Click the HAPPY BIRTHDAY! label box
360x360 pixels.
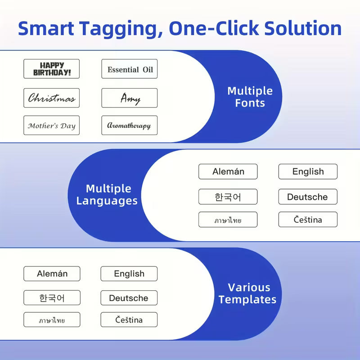(x=51, y=69)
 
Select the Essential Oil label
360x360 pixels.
(x=130, y=69)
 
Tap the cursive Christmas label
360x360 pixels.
(x=51, y=98)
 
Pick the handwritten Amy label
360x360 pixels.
(x=130, y=98)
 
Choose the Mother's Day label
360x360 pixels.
(x=51, y=125)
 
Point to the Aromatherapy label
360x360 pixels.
(x=130, y=125)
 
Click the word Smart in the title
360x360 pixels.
(x=46, y=28)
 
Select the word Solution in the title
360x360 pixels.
(x=303, y=28)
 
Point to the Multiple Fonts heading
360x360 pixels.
(x=250, y=97)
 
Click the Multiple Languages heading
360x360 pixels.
(x=107, y=194)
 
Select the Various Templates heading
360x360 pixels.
(x=247, y=293)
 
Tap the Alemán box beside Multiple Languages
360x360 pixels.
(x=228, y=171)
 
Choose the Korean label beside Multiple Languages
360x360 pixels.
(x=228, y=197)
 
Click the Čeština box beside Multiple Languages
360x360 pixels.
(x=308, y=220)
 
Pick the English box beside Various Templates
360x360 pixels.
(x=129, y=274)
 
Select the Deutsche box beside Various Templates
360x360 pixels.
(x=129, y=298)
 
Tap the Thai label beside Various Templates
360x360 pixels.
(x=52, y=319)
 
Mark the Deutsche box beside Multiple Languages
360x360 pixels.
(x=308, y=197)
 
